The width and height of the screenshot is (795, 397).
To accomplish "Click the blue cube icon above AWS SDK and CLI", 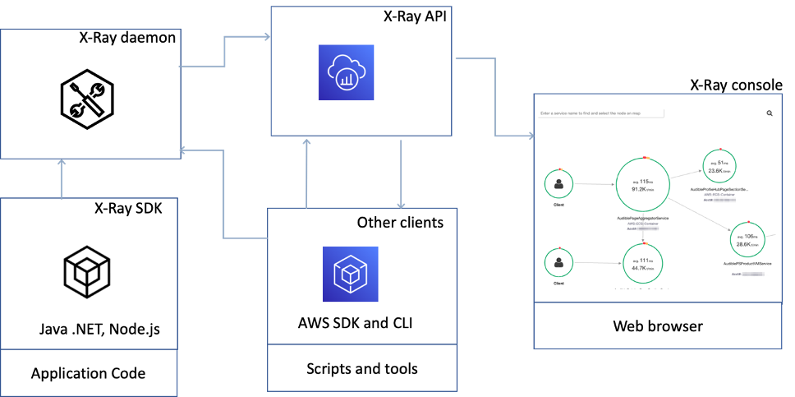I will coord(350,273).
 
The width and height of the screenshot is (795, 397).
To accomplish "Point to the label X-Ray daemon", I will coord(127,37).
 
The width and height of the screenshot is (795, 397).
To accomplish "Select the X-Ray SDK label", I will coord(128,208).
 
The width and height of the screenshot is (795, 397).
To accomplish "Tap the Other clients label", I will coord(400,223).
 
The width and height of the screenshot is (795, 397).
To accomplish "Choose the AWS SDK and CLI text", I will coord(355,322).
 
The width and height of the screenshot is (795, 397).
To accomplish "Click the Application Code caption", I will coord(88,373).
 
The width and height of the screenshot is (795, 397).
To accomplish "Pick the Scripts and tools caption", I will coord(361,368).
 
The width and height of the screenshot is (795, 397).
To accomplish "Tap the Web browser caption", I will coord(658,326).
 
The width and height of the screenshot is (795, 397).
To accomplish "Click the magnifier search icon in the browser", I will coord(770,113).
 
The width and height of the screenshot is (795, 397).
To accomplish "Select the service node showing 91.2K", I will coord(644,185).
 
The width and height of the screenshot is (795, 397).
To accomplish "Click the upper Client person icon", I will coord(559,183).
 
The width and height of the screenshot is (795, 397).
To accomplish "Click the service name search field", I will coord(600,113).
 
